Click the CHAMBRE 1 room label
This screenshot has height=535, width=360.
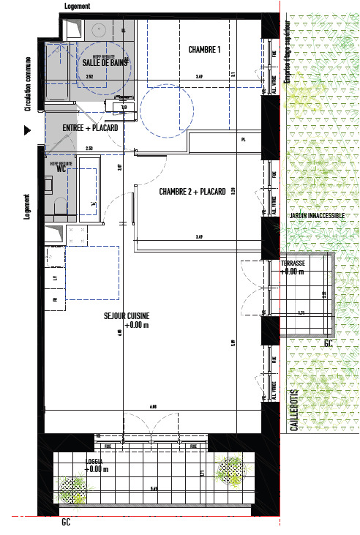[204, 50]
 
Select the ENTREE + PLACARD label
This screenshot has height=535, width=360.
[91, 127]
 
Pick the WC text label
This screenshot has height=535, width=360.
[62, 168]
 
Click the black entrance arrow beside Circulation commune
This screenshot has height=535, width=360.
[29, 130]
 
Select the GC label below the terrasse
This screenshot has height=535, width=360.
[329, 343]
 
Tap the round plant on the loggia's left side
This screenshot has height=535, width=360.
[72, 488]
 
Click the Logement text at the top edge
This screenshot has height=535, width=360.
[78, 5]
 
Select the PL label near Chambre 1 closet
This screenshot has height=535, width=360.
[244, 138]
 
